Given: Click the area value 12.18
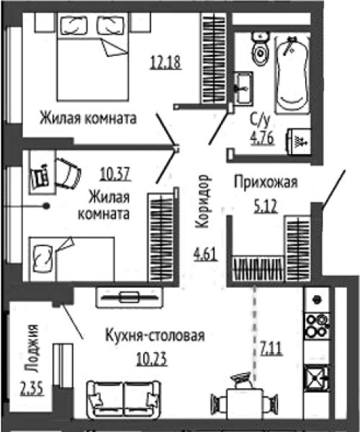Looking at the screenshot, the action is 166,62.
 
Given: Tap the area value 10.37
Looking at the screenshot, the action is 115,174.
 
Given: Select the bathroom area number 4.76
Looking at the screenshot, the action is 262,138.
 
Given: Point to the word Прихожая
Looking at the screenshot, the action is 266,182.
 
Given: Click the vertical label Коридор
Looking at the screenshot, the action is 202,201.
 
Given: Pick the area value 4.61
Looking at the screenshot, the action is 206,254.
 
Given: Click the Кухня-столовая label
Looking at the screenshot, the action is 155,336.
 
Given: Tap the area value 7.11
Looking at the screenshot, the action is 271,348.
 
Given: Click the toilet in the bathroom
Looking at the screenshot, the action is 261,48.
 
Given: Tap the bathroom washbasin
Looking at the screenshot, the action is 243,89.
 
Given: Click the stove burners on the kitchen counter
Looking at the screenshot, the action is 317,326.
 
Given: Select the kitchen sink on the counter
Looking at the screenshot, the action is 317,378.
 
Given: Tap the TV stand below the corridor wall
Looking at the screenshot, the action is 129,297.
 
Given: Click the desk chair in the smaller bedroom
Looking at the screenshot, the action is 68,174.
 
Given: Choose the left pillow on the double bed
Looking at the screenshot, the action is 73,25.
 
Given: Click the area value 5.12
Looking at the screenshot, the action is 266,207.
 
